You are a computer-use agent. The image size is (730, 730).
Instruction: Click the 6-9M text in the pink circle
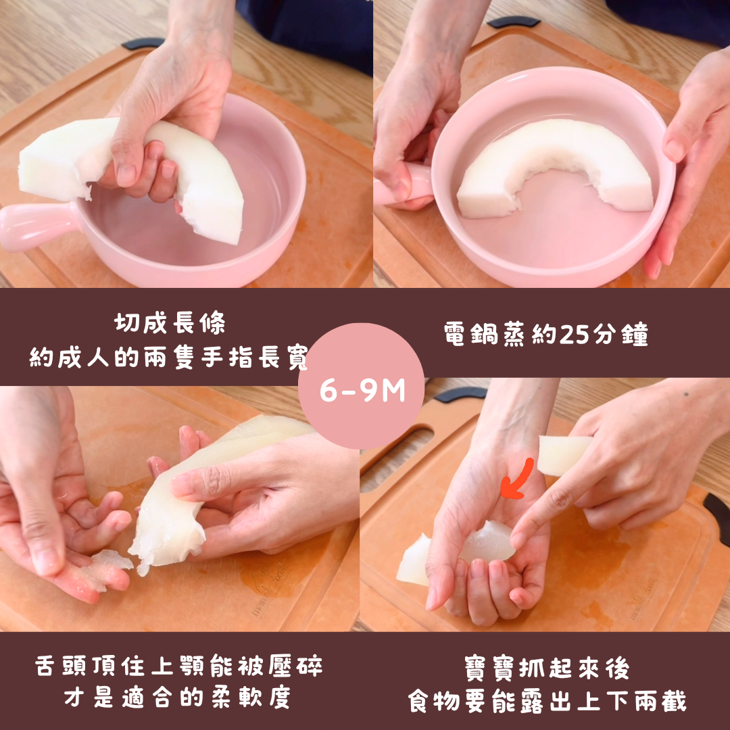(362, 391)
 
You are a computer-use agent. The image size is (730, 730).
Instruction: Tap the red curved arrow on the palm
(518, 479)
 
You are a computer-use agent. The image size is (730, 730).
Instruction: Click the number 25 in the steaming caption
(575, 334)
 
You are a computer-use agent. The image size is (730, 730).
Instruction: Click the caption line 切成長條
(170, 322)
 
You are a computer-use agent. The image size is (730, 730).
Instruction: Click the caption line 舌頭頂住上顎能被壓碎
(178, 666)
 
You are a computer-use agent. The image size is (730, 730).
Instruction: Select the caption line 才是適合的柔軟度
(178, 698)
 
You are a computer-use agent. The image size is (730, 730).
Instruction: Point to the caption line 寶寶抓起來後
(547, 668)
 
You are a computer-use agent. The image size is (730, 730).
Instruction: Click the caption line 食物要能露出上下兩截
(547, 701)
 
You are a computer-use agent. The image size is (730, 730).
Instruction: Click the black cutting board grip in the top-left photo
(143, 43)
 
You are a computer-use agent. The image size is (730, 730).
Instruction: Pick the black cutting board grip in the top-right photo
(514, 22)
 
